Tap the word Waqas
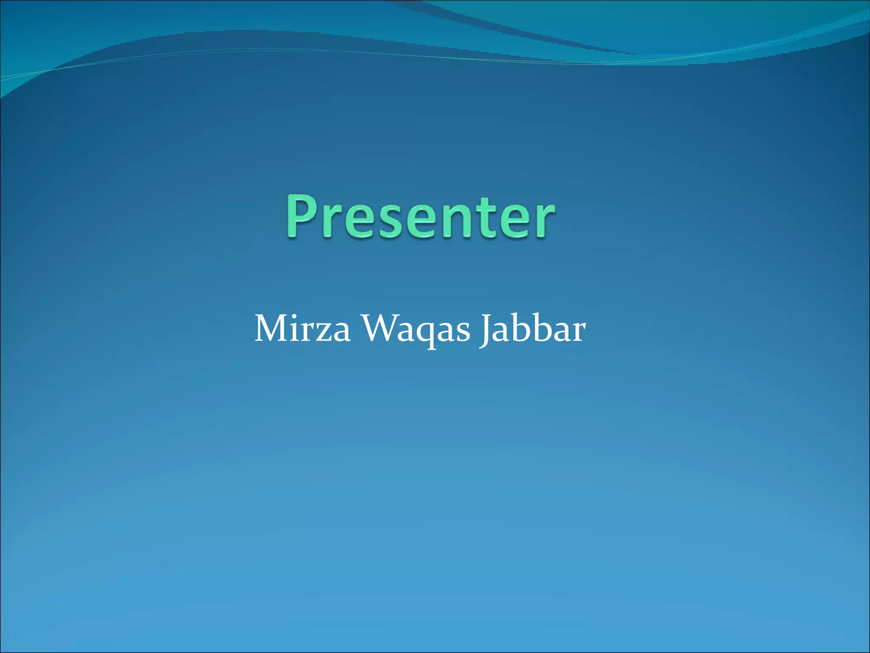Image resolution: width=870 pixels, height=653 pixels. pyautogui.click(x=416, y=329)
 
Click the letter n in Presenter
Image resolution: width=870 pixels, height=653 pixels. pyautogui.click(x=461, y=221)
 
